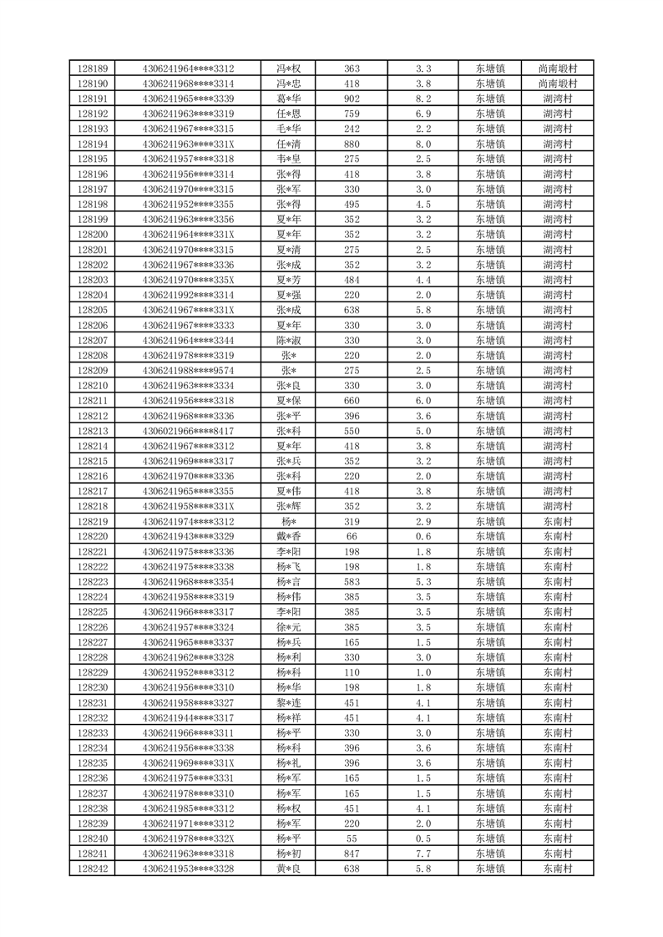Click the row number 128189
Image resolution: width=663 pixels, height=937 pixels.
93,69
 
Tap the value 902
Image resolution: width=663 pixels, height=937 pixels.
352,99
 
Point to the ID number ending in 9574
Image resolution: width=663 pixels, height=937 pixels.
188,370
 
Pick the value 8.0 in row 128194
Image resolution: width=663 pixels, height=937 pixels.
423,144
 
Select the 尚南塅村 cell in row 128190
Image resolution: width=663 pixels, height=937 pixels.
558,84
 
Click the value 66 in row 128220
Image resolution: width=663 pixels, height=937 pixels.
352,535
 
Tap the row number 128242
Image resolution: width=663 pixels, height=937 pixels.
93,869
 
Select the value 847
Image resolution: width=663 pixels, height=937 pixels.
352,853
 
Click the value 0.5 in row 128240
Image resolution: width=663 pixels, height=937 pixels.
423,838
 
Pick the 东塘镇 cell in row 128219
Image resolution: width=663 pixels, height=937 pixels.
490,520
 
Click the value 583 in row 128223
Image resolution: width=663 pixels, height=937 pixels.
352,581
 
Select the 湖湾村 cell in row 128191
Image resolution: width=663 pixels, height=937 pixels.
558,99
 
